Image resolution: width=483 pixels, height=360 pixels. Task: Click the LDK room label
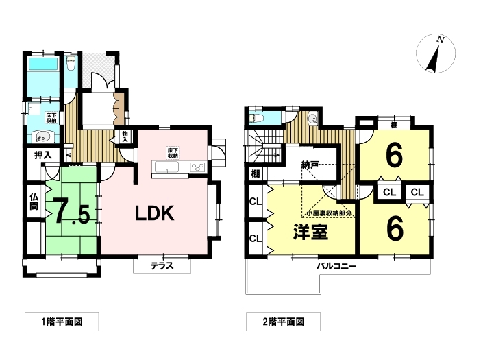click(155, 213)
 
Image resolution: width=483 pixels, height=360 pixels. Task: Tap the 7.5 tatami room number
click(72, 212)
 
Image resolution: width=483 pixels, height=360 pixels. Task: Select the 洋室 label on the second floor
click(310, 232)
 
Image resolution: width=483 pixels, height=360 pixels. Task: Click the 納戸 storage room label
click(310, 165)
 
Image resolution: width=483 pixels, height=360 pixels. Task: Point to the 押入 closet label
click(42, 155)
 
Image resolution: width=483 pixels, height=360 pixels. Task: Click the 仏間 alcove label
click(34, 202)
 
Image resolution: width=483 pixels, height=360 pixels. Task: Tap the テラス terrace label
click(162, 265)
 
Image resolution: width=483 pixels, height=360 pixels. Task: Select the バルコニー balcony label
click(336, 266)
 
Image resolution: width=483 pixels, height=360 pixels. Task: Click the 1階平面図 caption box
click(62, 322)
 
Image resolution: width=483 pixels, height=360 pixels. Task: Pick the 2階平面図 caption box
click(283, 322)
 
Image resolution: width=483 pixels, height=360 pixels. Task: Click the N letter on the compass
click(441, 40)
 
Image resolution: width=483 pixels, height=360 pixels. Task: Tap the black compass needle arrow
click(433, 60)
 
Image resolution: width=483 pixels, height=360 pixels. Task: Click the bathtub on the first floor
click(43, 64)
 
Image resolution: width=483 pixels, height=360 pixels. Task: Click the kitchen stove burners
click(197, 167)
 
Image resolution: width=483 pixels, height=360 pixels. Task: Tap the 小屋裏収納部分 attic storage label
click(329, 213)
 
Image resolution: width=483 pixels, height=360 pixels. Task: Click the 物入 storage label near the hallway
click(125, 136)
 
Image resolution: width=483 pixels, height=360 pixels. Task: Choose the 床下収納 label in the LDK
click(173, 153)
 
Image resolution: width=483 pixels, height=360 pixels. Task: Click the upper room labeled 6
click(394, 156)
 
